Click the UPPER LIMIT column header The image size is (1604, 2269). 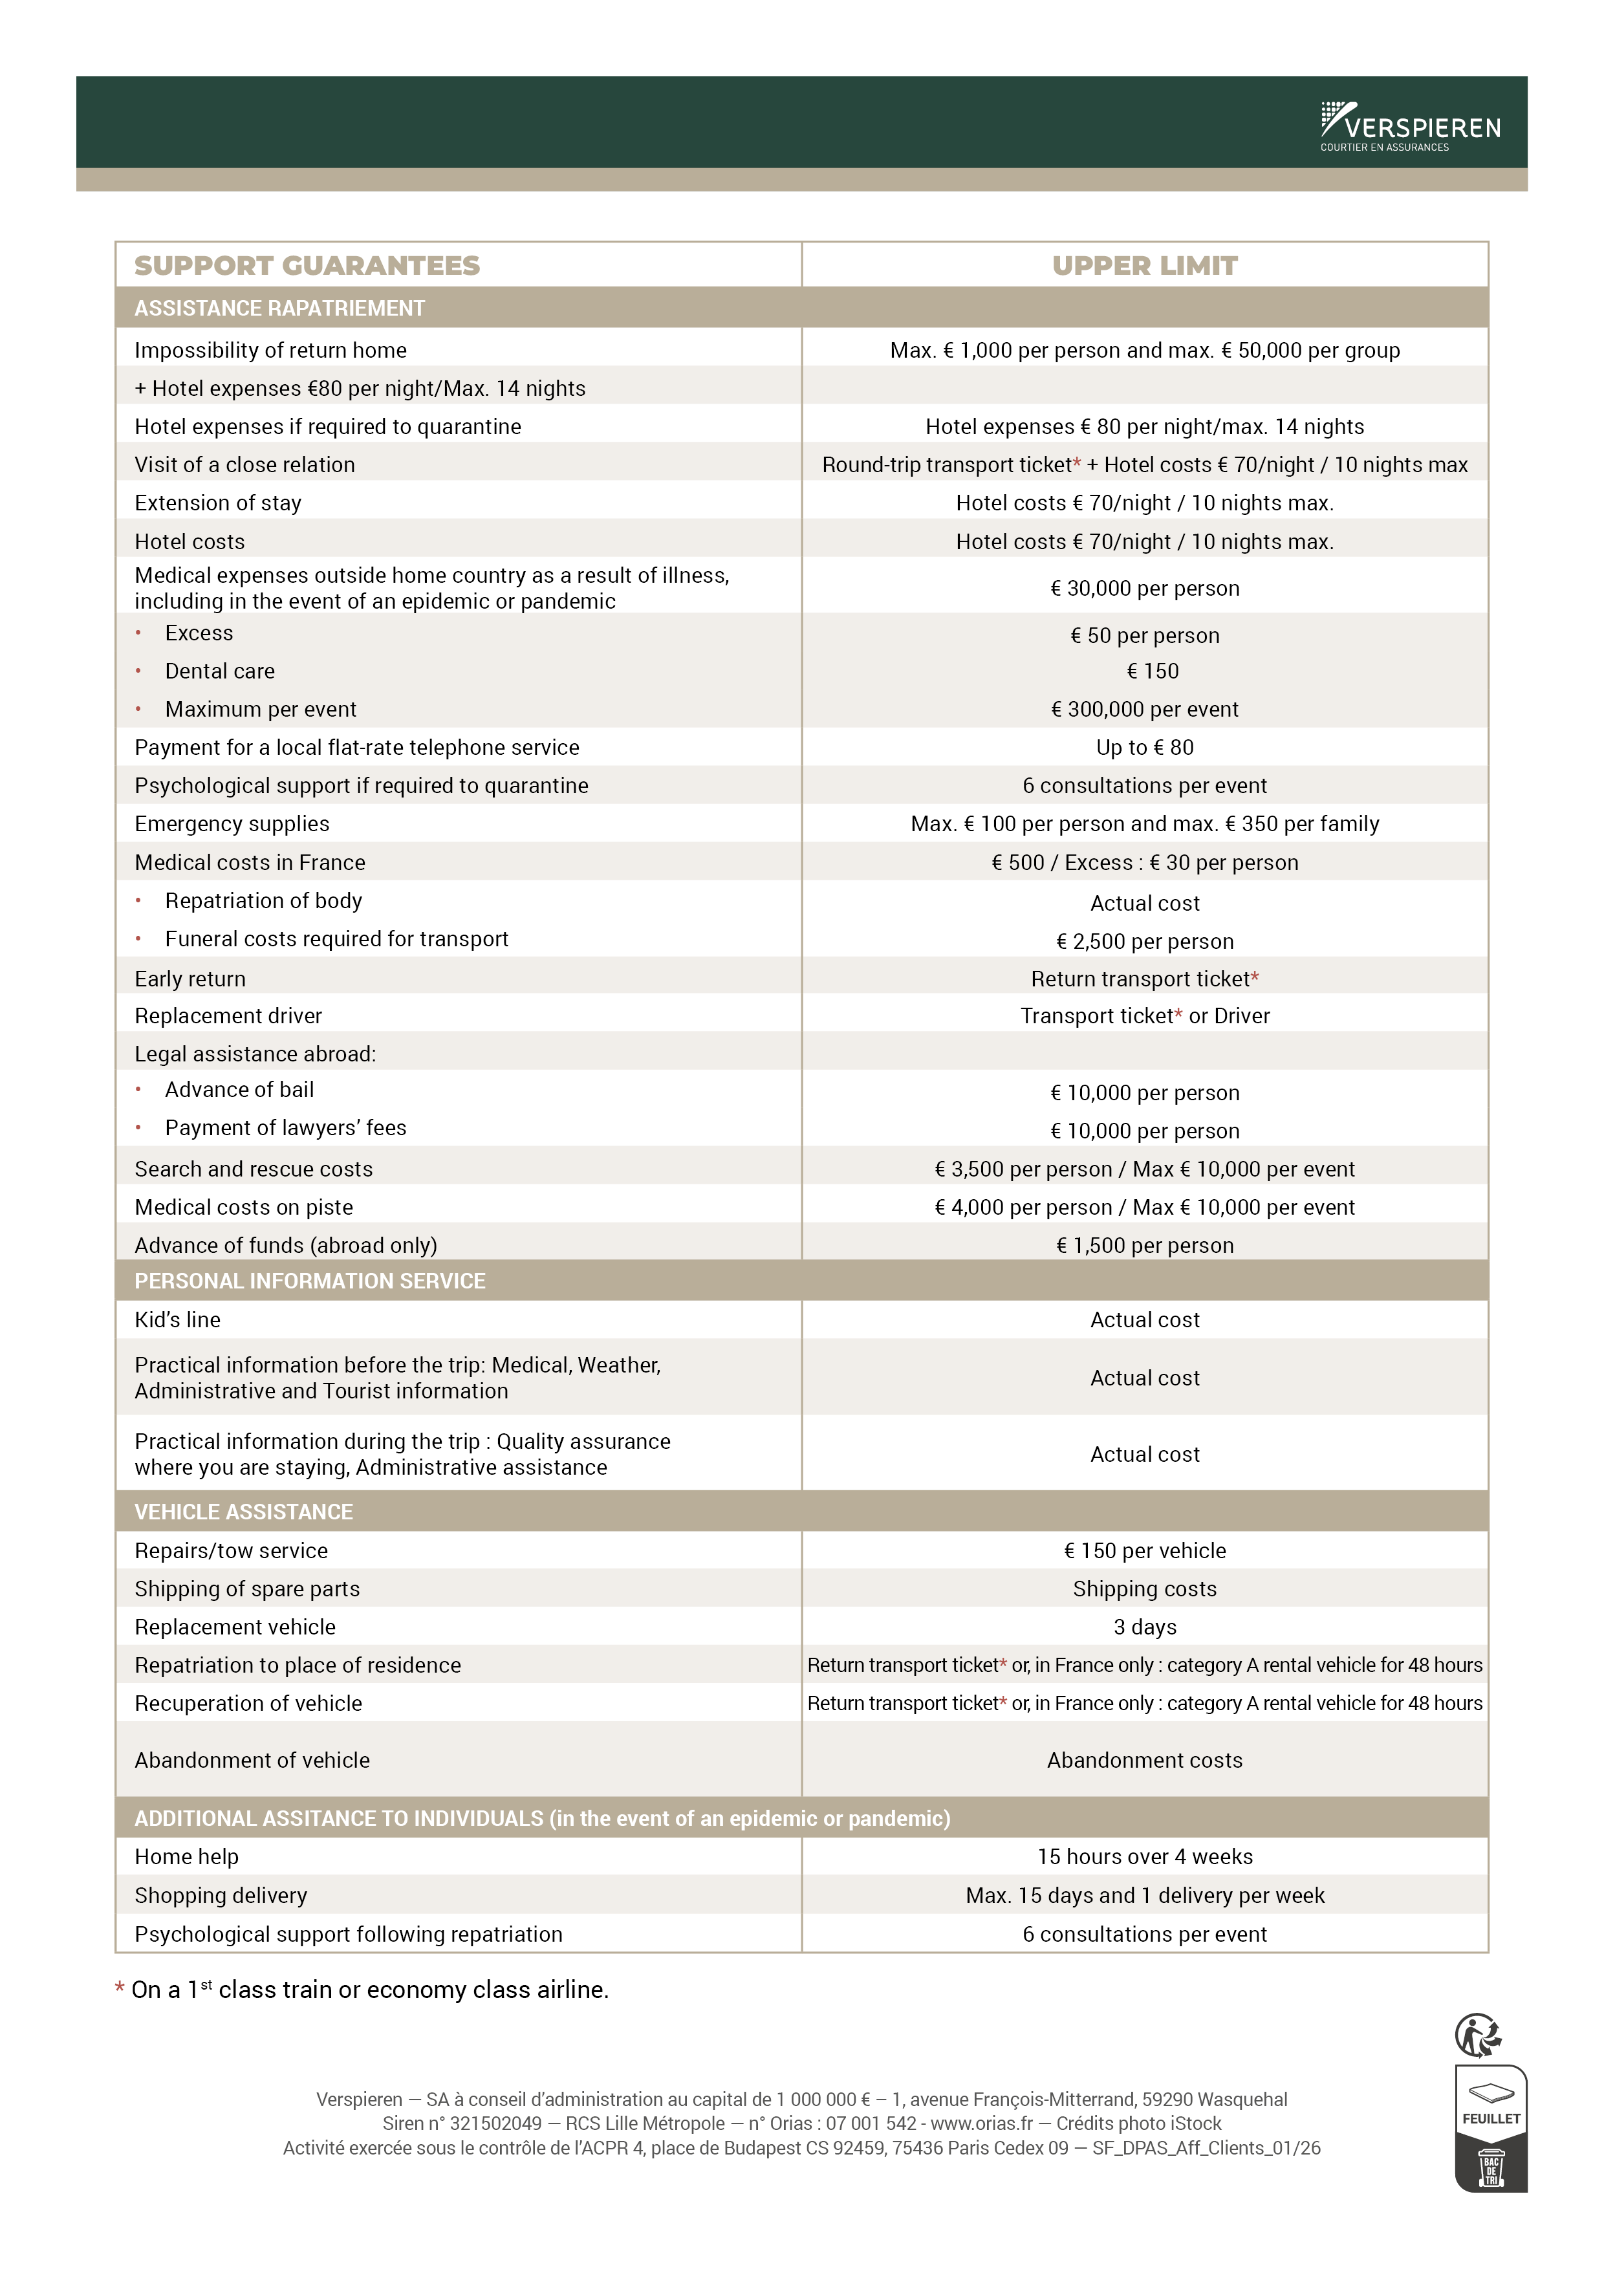click(x=1144, y=266)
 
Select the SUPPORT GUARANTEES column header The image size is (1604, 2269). click(x=307, y=266)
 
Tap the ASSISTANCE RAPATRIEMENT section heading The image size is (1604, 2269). click(x=279, y=309)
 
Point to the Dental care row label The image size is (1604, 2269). click(x=219, y=671)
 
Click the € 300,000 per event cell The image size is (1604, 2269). click(x=1144, y=710)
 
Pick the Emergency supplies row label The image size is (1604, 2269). click(x=232, y=824)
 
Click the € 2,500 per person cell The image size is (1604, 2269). click(x=1144, y=941)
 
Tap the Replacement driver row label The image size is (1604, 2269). click(x=228, y=1016)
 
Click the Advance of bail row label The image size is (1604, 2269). click(x=239, y=1090)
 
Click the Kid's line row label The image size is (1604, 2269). click(x=178, y=1320)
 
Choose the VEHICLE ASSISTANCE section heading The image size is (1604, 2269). click(x=243, y=1512)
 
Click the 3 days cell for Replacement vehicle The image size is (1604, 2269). click(x=1144, y=1627)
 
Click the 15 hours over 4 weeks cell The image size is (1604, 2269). click(x=1144, y=1857)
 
